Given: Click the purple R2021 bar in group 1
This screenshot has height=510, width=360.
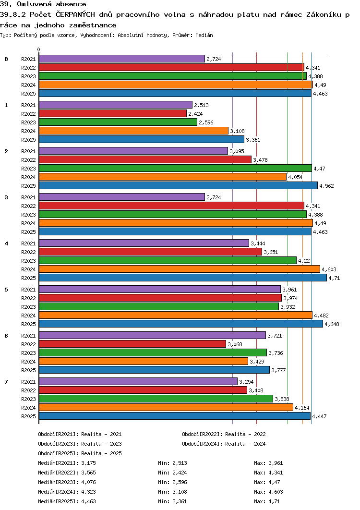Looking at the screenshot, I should (x=115, y=105).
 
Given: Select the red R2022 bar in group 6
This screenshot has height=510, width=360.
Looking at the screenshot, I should (x=132, y=344).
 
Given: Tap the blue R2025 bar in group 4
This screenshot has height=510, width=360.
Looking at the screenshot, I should (x=182, y=278).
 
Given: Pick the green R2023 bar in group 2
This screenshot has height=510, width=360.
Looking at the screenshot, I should (x=175, y=168).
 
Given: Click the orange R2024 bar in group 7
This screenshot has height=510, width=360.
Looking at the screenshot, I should (x=166, y=407).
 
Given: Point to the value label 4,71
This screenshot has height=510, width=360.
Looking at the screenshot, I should (x=334, y=278).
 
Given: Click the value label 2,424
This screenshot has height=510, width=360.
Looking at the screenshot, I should (x=196, y=114).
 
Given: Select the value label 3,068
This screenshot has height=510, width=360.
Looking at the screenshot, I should (x=235, y=344).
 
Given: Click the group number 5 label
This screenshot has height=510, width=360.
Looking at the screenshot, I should (x=6, y=290).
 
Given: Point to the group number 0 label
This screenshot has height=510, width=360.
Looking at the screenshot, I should (x=6, y=59).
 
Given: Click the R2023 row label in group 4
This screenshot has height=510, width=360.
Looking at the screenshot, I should (x=29, y=261).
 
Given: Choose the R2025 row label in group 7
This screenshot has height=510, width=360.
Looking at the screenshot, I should (x=29, y=416).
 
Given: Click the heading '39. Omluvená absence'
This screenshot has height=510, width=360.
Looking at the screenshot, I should (x=43, y=4).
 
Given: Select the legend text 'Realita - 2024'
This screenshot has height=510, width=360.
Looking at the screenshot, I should (x=245, y=444).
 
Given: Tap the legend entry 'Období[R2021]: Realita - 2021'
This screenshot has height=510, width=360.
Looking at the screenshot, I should (x=80, y=434).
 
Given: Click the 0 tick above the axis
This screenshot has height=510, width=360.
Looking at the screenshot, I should (x=39, y=50).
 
